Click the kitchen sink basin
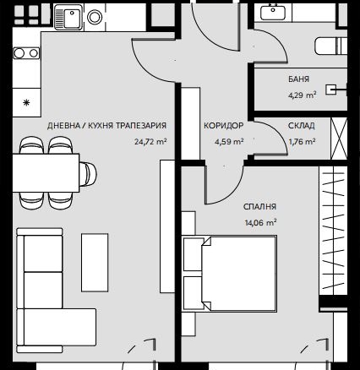tap(72, 17)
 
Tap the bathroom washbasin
tap(272, 12)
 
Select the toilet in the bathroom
tap(330, 46)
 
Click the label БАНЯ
tap(298, 79)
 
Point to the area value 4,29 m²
tap(302, 95)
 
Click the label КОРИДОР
tap(223, 125)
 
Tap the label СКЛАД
tap(301, 126)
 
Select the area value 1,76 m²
tap(302, 141)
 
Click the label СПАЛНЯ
tap(259, 207)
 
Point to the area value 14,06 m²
tap(260, 223)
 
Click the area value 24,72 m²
tap(150, 141)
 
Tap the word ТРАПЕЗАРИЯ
tap(141, 125)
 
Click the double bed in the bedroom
tap(229, 274)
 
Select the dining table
tap(46, 172)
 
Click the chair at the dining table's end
tap(88, 174)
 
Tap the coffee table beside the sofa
tap(95, 263)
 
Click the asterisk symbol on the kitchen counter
tap(26, 103)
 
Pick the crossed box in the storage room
tap(338, 139)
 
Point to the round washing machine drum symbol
tap(95, 17)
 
